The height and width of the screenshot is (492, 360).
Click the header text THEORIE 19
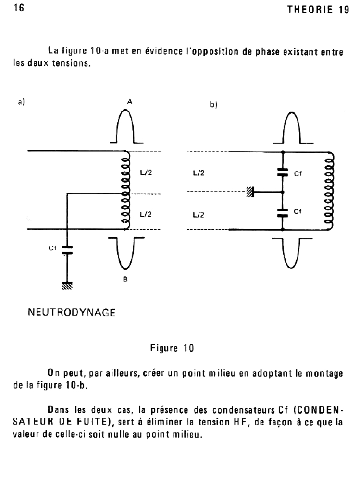coord(317,11)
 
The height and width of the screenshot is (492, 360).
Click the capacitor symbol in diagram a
coord(67,249)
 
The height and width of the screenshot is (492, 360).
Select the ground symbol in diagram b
coord(250,193)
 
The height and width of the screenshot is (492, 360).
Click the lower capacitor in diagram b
coord(283,212)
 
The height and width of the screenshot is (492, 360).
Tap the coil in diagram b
coord(330,191)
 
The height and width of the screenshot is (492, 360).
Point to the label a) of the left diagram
coord(21,102)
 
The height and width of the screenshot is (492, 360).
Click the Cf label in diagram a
coord(52,248)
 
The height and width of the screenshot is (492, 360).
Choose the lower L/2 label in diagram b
coord(198,215)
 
